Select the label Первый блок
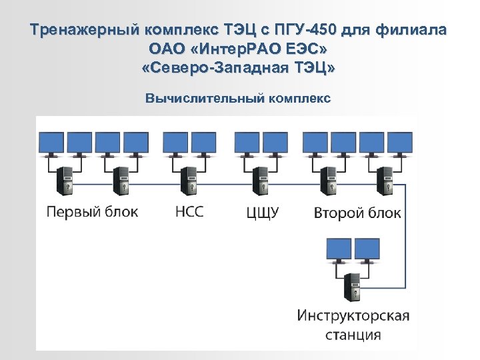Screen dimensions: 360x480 (x=92, y=212)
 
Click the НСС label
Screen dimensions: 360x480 (x=189, y=212)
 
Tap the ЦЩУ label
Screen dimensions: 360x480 (x=262, y=213)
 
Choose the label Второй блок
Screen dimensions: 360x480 (x=357, y=213)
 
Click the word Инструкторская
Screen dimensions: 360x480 (x=353, y=315)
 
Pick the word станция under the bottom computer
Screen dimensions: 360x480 (x=353, y=334)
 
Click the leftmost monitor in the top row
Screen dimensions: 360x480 (x=50, y=142)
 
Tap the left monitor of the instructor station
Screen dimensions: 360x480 (x=337, y=249)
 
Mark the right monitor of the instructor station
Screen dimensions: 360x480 (x=367, y=249)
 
